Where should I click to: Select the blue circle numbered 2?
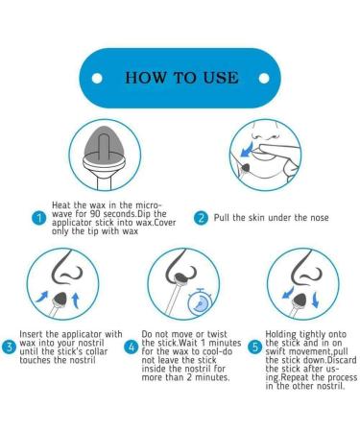pyautogui.click(x=202, y=218)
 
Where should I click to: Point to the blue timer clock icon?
pyautogui.click(x=199, y=301)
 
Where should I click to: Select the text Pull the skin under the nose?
pyautogui.click(x=273, y=218)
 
